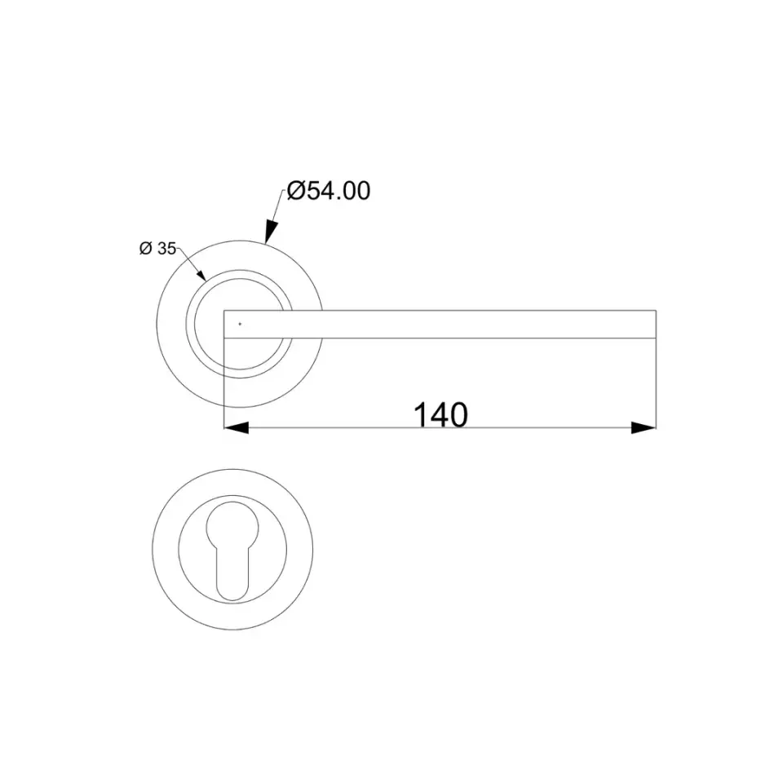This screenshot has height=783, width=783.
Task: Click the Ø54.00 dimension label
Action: pos(329,191)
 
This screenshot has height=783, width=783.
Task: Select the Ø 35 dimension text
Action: pos(157,248)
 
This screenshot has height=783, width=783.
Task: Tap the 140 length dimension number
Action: pos(441,415)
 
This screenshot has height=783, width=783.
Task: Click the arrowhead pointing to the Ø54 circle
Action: pos(271,231)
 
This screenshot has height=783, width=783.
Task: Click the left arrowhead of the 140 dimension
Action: pos(237,428)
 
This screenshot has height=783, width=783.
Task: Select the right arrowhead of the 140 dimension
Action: pos(644,428)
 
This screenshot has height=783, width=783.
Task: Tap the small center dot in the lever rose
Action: pos(240,324)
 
